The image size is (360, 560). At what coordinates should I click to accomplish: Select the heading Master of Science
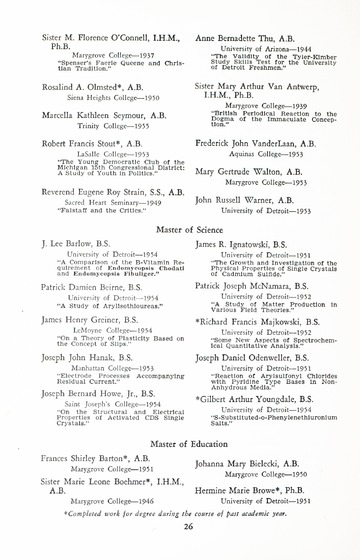180,230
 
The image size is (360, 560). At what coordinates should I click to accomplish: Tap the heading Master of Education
180,442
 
